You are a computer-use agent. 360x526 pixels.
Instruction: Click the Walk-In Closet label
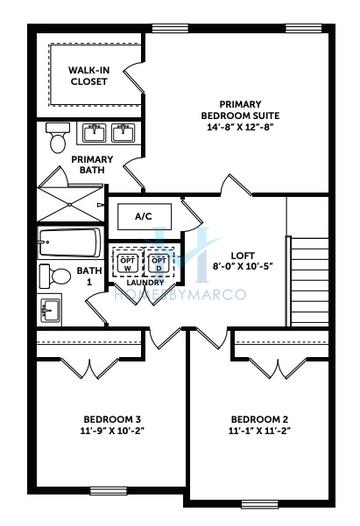(89, 76)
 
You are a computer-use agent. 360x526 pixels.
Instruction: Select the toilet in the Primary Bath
(57, 138)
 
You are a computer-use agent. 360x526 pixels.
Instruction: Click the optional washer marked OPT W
(127, 263)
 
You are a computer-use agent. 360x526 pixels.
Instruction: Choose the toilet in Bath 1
(56, 275)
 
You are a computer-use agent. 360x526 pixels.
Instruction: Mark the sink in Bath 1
(50, 310)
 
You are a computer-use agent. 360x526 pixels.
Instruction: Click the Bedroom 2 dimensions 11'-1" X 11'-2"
(259, 431)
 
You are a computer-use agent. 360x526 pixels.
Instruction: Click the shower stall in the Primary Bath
(69, 196)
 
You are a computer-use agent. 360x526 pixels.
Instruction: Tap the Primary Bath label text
(92, 164)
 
